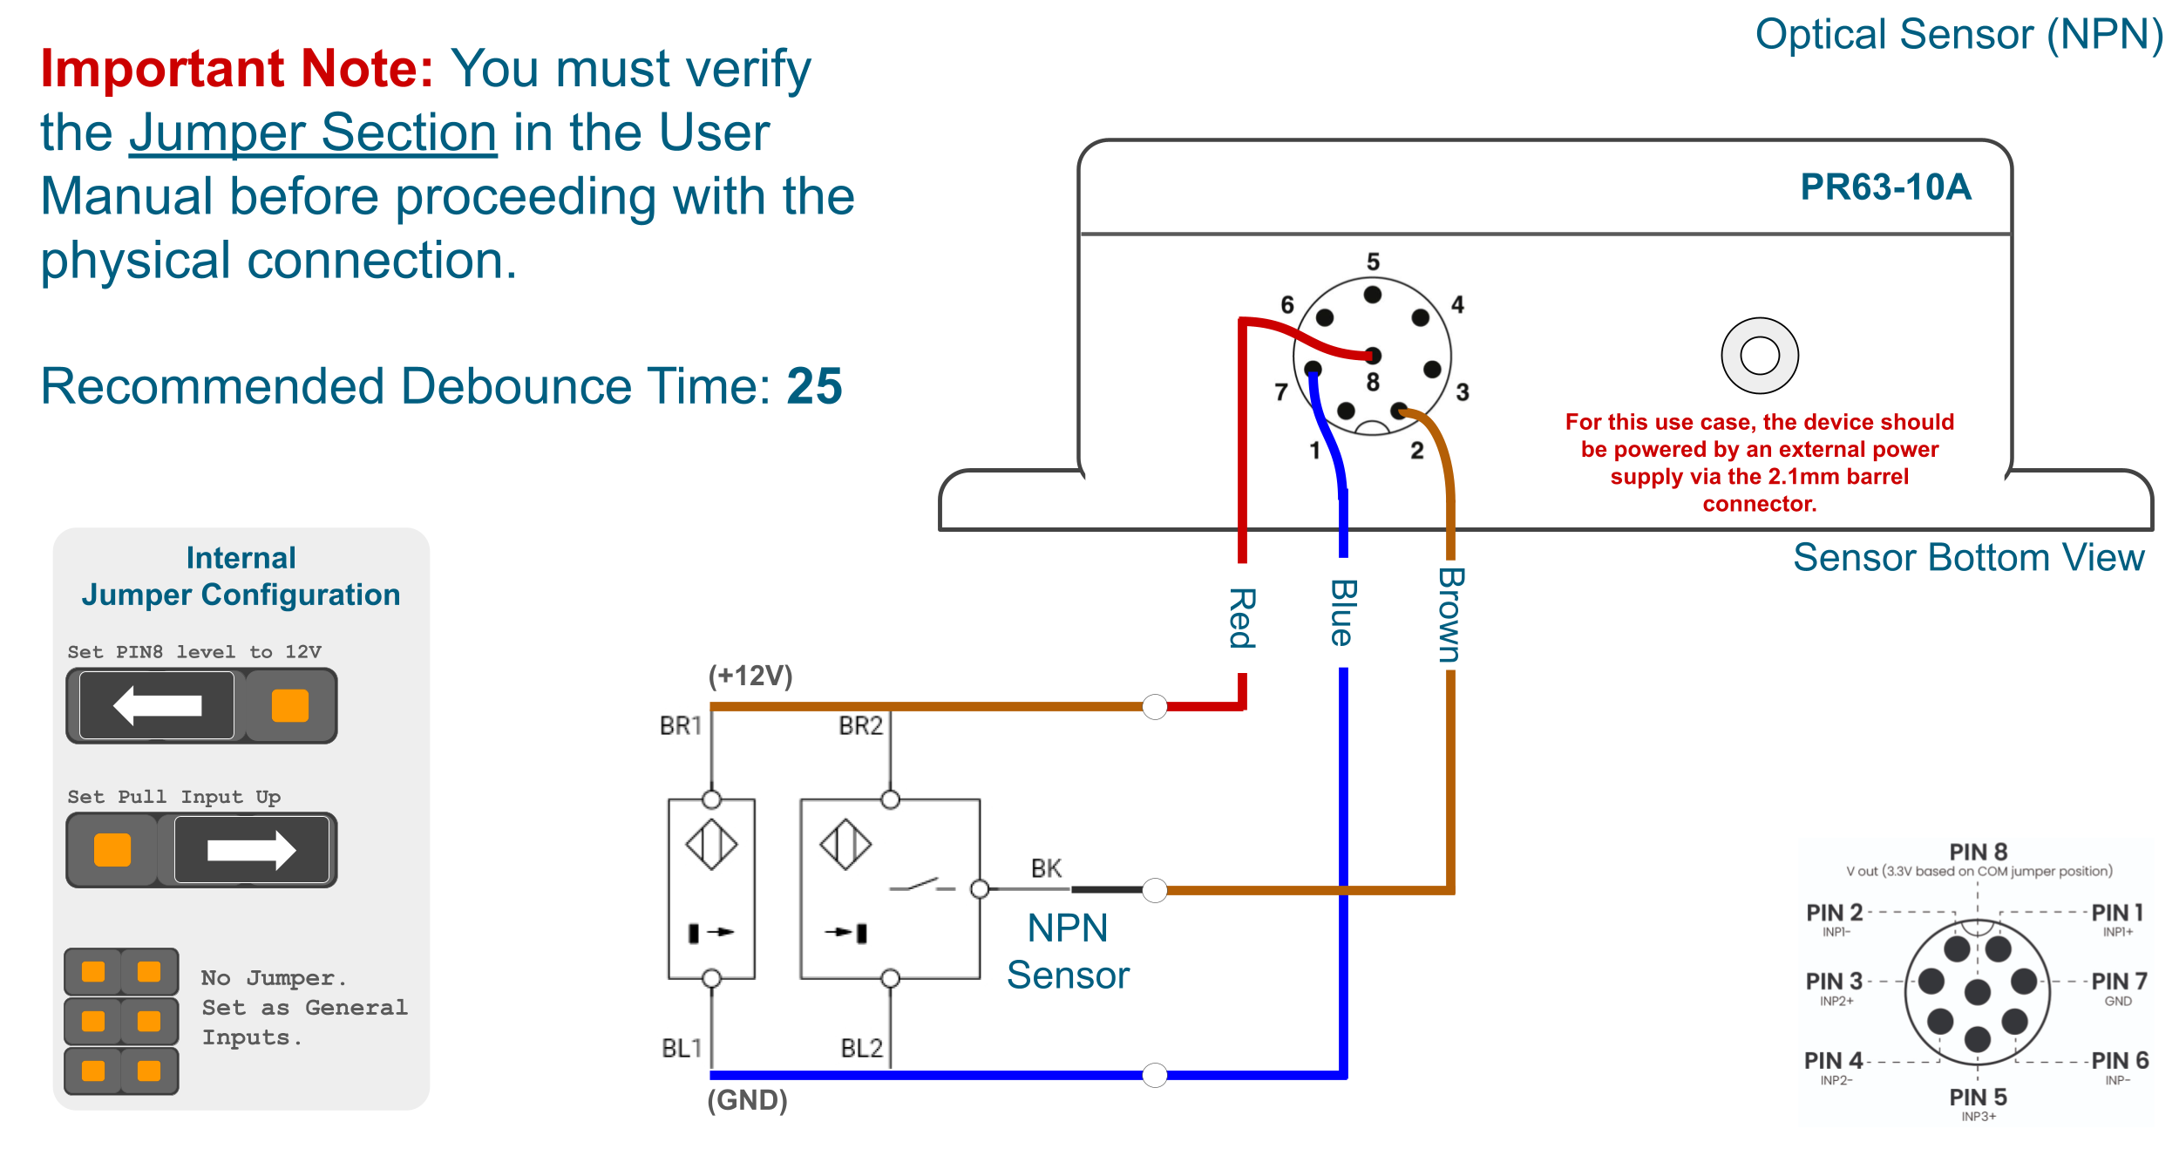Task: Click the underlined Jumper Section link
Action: pos(313,133)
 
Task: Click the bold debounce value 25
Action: pos(814,386)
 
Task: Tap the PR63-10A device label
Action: pos(1885,187)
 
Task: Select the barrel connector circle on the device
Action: pos(1759,356)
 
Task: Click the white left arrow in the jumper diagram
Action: pos(158,705)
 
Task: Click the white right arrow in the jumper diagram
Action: pos(252,850)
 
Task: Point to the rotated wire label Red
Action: pos(1242,618)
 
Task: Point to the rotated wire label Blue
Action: pos(1342,613)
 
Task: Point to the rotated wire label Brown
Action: pos(1450,615)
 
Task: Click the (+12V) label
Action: pos(750,676)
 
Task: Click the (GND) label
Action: pos(747,1100)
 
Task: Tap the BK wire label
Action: pos(1046,868)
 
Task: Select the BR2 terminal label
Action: pos(860,725)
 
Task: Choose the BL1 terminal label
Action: pos(681,1048)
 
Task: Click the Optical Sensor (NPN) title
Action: pos(1958,35)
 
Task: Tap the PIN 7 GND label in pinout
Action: pos(2119,988)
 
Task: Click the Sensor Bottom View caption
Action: pos(1968,558)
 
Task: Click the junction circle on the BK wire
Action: pos(1155,890)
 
